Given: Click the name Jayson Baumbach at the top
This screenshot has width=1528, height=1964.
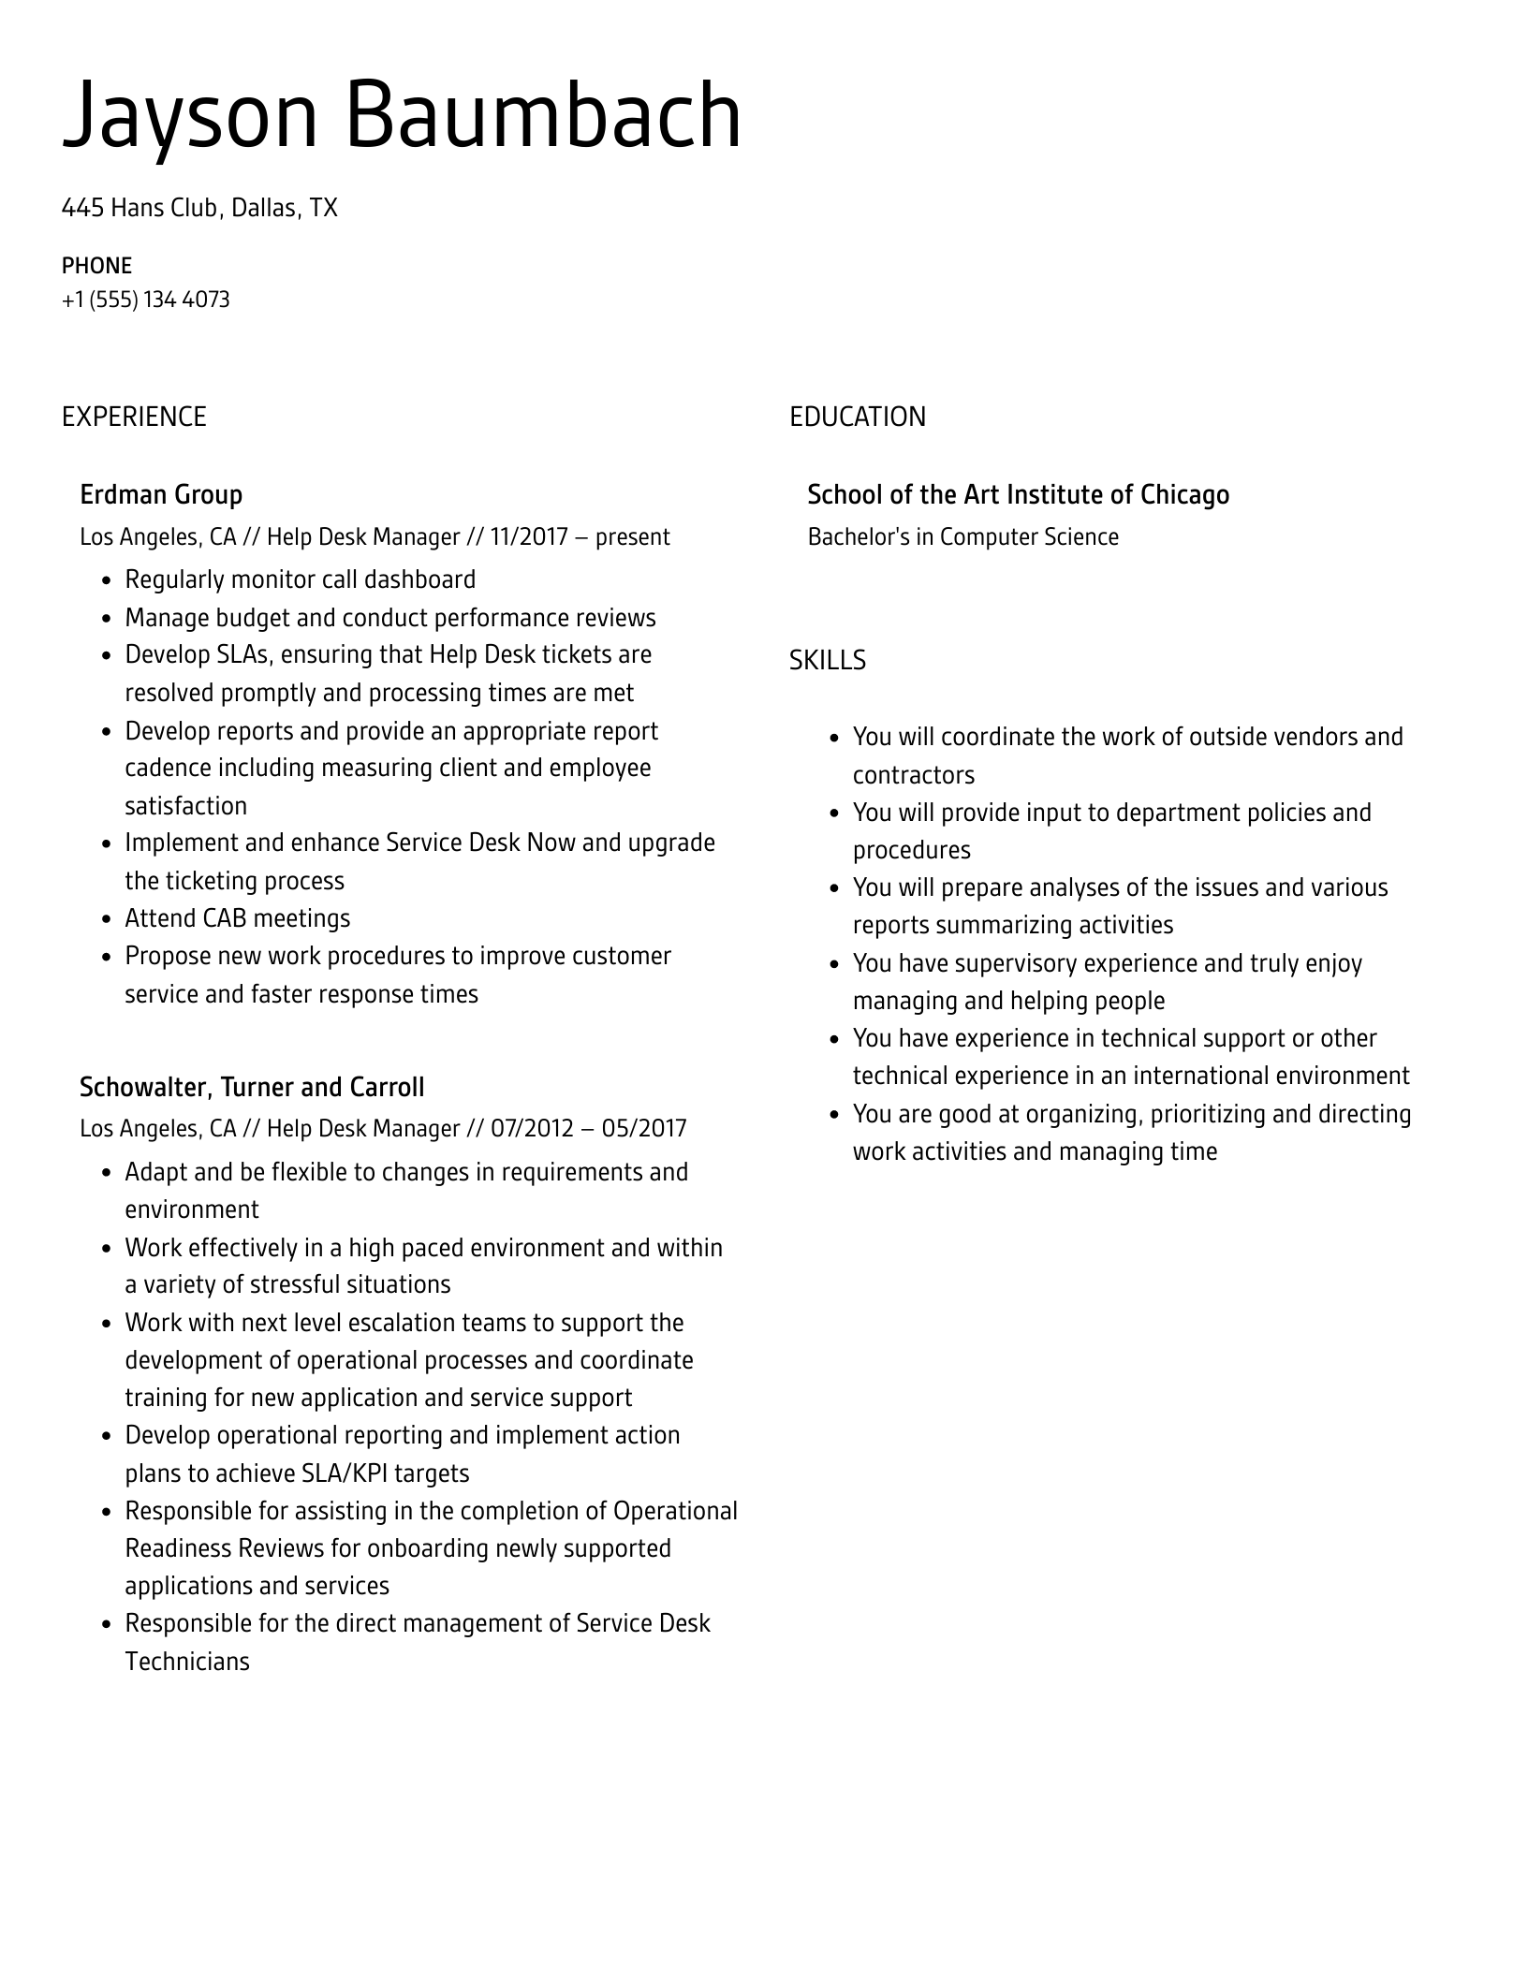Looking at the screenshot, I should (x=402, y=116).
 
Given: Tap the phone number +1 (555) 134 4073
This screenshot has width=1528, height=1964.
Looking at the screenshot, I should (x=145, y=300).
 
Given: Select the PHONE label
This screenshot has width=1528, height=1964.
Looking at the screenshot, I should (x=96, y=266).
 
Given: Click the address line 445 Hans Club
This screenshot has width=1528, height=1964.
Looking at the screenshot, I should (x=199, y=207).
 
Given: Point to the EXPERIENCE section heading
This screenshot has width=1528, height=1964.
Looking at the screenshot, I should (x=134, y=417).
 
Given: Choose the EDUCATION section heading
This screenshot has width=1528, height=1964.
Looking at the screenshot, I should (x=857, y=417).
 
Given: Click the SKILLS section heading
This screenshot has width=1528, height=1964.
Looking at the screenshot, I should (x=827, y=660).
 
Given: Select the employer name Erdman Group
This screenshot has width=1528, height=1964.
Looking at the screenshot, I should (x=161, y=494).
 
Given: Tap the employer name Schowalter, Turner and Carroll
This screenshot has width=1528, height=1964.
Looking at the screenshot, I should (x=252, y=1087).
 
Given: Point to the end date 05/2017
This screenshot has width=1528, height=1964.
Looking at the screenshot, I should (x=644, y=1128).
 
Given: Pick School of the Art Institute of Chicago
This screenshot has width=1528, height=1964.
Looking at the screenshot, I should (x=1018, y=494).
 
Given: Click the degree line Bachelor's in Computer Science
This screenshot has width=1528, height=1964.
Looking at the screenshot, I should (x=962, y=537).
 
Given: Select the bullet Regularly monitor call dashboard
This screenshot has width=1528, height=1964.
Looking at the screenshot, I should (x=300, y=579).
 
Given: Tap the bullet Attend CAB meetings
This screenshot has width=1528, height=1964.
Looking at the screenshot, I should (x=237, y=918).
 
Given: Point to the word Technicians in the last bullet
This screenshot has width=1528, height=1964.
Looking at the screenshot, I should (x=187, y=1662).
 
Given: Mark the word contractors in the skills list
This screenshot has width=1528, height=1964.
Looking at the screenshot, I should (x=913, y=775).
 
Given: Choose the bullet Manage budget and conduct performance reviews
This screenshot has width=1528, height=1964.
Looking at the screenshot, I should (x=389, y=618).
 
